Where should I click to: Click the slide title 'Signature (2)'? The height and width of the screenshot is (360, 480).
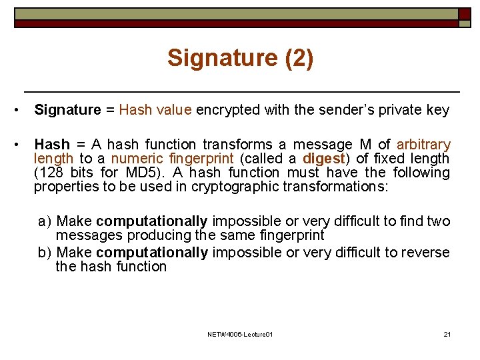point(240,58)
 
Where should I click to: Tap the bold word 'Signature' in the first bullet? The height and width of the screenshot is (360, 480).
point(67,110)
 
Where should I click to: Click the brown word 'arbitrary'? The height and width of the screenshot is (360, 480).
point(423,145)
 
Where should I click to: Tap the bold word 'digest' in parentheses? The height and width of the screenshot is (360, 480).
point(324,159)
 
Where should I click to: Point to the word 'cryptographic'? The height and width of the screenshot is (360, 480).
point(235,187)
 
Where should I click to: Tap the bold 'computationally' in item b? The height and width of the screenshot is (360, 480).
point(152,253)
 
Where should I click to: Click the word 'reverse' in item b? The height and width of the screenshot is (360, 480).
point(429,253)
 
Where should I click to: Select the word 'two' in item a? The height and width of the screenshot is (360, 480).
point(439,221)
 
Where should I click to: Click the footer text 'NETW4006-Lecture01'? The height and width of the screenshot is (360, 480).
point(240,333)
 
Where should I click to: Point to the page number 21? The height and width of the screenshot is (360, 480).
point(447,333)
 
